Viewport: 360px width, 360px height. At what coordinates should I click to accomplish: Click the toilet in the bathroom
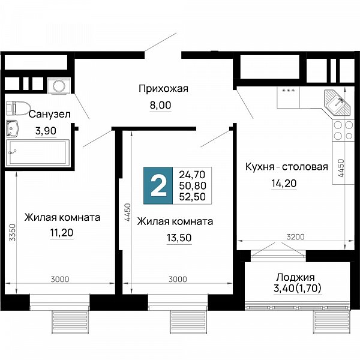click(18, 108)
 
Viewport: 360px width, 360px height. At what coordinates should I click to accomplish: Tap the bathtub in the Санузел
click(37, 152)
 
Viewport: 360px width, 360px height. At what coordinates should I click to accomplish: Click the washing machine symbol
click(59, 86)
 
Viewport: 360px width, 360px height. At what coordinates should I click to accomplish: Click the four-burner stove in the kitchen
click(343, 130)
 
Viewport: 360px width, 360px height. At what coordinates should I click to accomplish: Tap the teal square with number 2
click(158, 185)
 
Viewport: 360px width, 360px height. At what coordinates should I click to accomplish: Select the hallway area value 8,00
click(160, 105)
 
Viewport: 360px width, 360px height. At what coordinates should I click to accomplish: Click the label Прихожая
click(163, 89)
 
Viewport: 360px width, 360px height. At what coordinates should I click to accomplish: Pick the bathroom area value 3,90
click(46, 131)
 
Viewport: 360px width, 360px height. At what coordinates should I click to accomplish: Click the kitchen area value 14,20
click(284, 184)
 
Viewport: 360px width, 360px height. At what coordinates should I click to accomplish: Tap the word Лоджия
click(295, 277)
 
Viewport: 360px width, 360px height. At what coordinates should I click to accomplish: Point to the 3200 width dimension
click(295, 237)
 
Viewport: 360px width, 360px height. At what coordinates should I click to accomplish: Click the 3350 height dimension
click(13, 232)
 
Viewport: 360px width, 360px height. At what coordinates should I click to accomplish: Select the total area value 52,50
click(192, 197)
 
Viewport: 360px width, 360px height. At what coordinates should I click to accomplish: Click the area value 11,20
click(62, 233)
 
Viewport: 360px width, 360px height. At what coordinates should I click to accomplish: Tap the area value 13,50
click(179, 238)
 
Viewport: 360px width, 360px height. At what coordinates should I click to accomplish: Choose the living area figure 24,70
click(192, 175)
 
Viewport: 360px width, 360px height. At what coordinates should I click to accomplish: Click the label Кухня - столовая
click(287, 167)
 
